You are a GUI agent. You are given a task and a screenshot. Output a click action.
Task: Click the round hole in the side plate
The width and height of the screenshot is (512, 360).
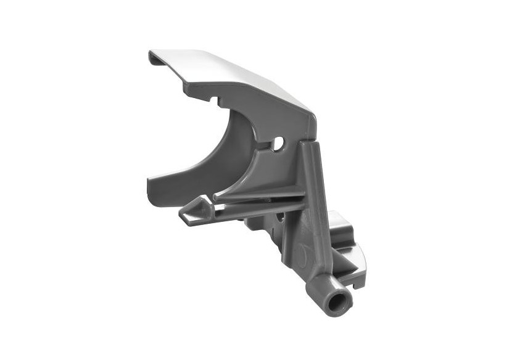tap(279, 143)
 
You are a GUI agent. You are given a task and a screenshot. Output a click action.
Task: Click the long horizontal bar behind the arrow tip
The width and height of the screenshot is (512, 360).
tap(259, 208)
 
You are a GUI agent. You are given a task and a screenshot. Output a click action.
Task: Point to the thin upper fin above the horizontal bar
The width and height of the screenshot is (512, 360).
tap(259, 194)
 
